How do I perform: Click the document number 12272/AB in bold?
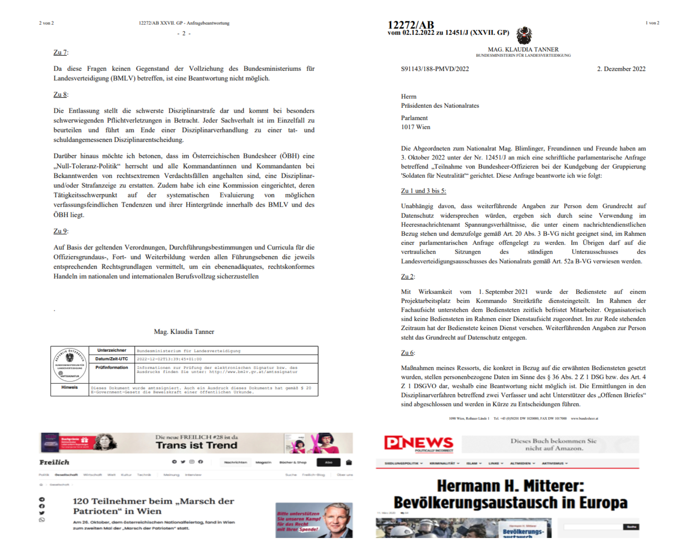pos(411,25)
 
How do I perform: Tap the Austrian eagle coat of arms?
pos(524,35)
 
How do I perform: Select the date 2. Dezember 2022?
pos(621,69)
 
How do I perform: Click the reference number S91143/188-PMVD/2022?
pos(435,69)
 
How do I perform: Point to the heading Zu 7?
pos(60,52)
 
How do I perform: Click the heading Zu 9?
pos(60,231)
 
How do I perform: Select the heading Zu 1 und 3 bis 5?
pos(423,191)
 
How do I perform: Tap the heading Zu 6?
pos(407,353)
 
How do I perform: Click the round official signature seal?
pos(70,365)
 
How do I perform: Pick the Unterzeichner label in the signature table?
pos(111,350)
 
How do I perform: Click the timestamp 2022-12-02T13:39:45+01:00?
pos(169,359)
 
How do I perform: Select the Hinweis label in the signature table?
pos(70,388)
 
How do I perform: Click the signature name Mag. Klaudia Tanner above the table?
pos(184,332)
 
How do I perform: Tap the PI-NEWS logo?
pos(418,443)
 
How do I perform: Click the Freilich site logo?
pos(54,462)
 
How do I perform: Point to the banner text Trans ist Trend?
pos(196,445)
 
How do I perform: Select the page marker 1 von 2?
pos(652,23)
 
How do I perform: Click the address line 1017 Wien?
pos(415,127)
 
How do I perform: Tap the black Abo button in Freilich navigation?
pos(328,462)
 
